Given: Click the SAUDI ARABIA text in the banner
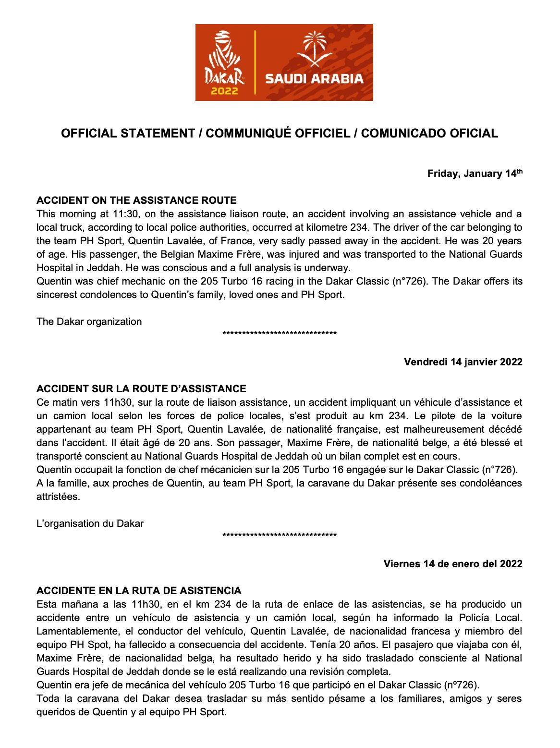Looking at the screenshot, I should (x=314, y=79).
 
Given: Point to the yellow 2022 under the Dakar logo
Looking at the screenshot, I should (x=224, y=90).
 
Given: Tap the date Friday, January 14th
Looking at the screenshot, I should (x=475, y=174).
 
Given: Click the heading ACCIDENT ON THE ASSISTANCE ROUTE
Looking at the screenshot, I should (x=136, y=200).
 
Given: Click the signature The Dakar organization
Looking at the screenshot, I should (x=89, y=322).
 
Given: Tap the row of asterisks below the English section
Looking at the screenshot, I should (x=280, y=334).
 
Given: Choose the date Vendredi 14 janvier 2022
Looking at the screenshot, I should (x=463, y=362).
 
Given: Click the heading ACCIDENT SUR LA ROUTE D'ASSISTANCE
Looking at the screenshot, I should (x=141, y=389).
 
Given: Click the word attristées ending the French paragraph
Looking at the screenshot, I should (x=58, y=497).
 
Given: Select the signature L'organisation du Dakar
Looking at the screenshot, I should (x=90, y=524).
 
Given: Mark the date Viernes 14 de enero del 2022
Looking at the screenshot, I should (x=452, y=564).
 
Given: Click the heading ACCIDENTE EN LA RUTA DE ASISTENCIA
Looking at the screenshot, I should (x=139, y=591).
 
